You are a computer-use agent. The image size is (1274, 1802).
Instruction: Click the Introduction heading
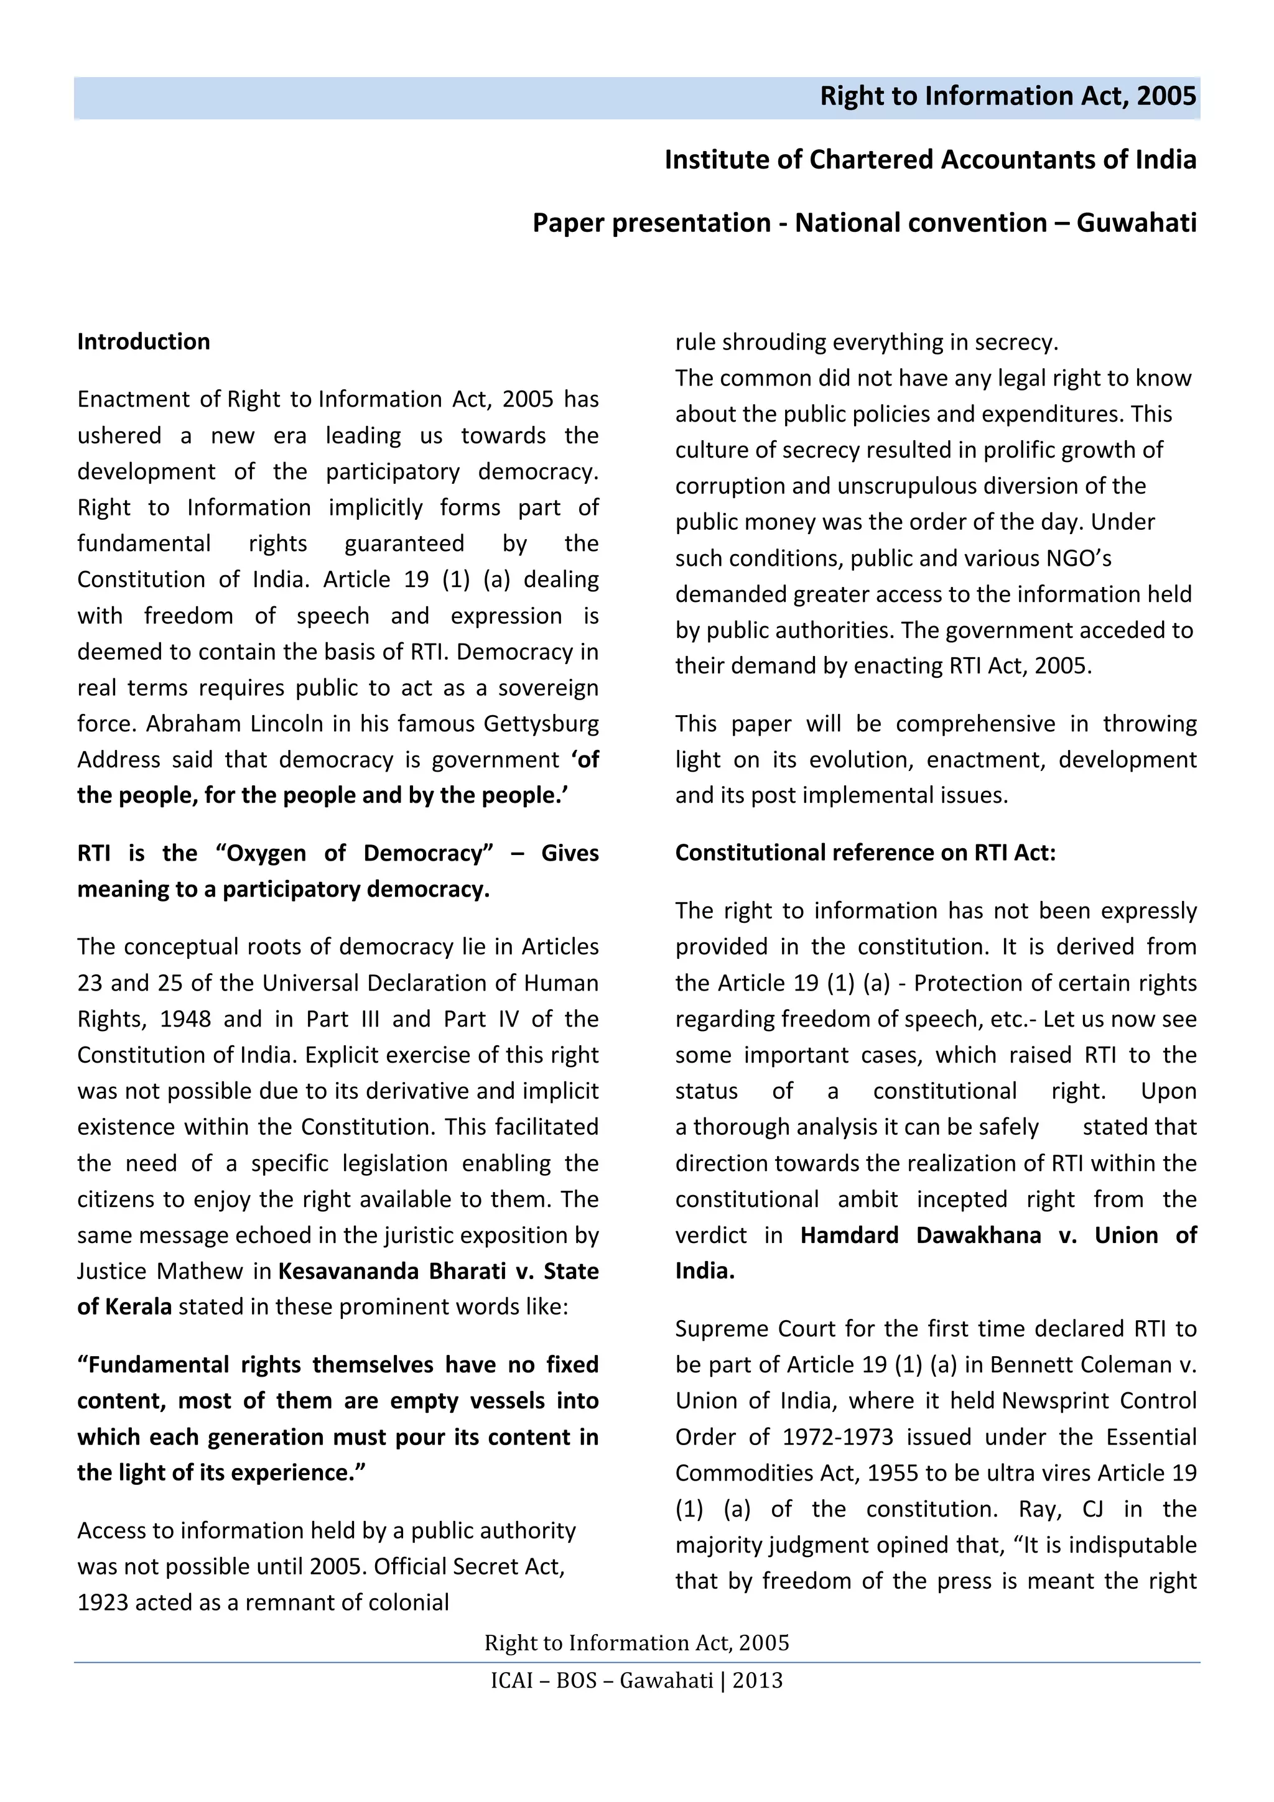coord(144,341)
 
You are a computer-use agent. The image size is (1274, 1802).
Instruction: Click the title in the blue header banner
coord(1008,96)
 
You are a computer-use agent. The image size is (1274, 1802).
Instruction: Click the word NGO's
coord(1079,558)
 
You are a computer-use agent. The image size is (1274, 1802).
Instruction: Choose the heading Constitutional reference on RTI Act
coord(865,853)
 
